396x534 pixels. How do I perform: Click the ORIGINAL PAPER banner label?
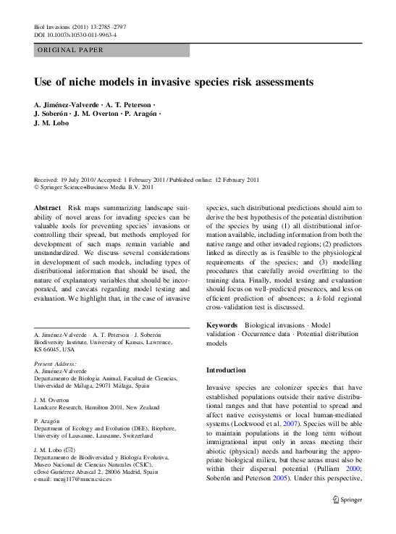click(69, 50)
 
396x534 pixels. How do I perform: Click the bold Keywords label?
click(223, 326)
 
